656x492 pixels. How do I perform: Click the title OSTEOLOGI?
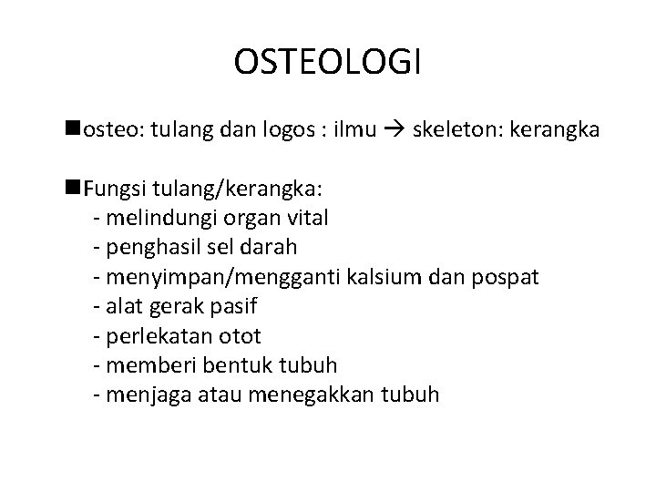(x=328, y=63)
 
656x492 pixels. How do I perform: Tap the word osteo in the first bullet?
(x=108, y=131)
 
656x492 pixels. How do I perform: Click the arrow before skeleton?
(x=391, y=132)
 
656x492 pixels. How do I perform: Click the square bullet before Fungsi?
(x=74, y=189)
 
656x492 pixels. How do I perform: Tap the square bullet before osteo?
(x=74, y=131)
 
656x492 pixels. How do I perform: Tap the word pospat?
(x=511, y=277)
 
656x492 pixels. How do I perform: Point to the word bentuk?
(x=220, y=365)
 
